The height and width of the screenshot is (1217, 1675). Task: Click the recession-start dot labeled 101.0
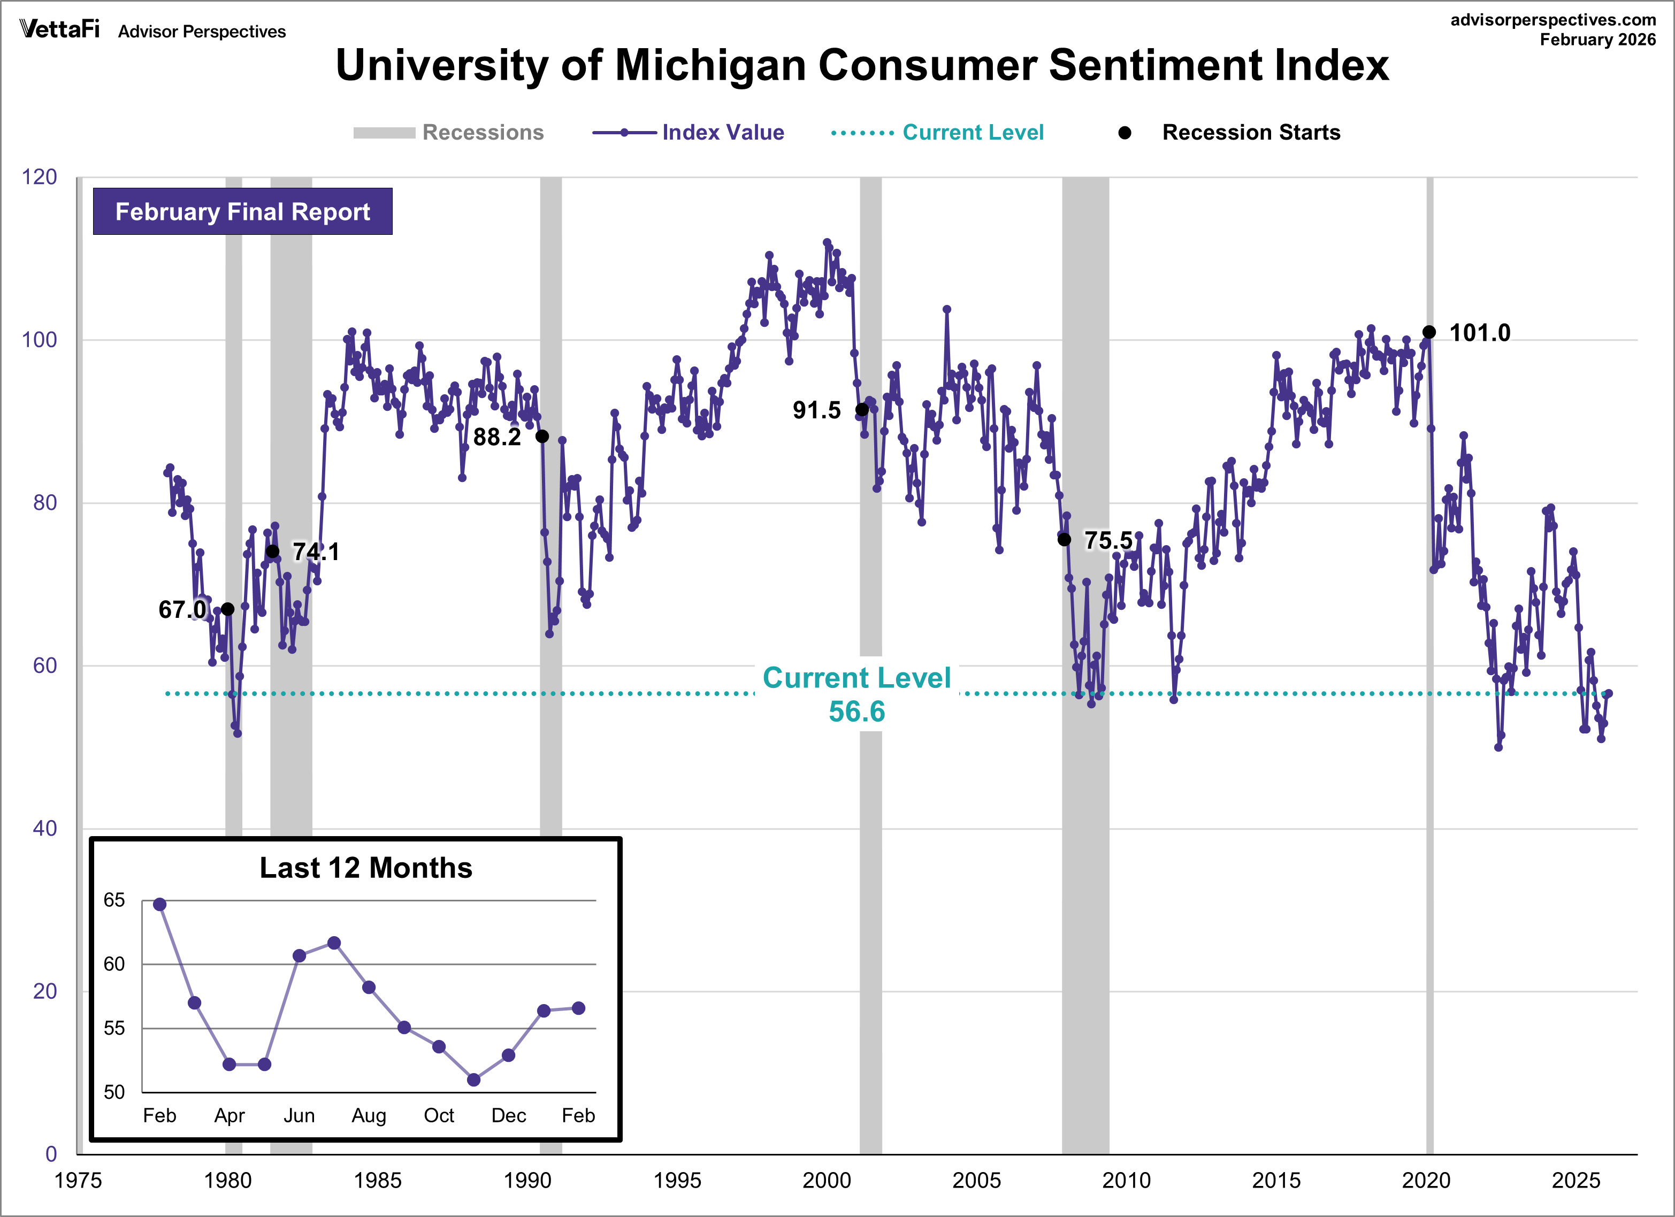pos(1429,332)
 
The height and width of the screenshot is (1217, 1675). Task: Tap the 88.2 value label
pos(497,437)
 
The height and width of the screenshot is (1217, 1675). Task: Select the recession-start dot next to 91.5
pos(862,410)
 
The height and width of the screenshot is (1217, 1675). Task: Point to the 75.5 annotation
pos(1108,540)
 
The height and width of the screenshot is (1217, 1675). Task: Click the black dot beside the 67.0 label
pos(228,609)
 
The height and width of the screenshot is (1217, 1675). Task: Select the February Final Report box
pos(242,212)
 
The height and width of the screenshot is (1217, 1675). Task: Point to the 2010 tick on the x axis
pos(1126,1181)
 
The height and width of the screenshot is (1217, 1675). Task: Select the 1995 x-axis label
pos(677,1181)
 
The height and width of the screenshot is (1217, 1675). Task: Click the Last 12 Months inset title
pos(365,868)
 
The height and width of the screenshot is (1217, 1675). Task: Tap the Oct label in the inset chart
pos(439,1115)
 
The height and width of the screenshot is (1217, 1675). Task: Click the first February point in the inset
pos(159,905)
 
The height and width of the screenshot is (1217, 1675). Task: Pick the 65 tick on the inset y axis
pos(114,900)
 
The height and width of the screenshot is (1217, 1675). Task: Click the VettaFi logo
pos(59,29)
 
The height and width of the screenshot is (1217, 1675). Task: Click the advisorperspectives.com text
pos(1553,20)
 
